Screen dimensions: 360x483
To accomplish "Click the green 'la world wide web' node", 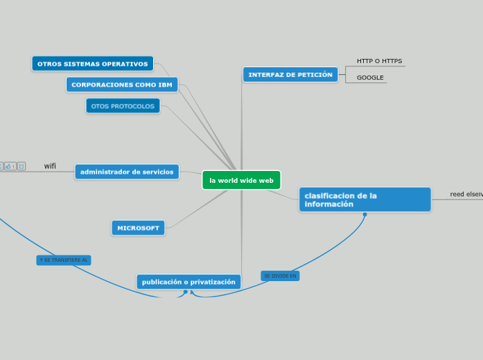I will (241, 180).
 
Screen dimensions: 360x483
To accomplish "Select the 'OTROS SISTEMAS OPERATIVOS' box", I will (92, 64).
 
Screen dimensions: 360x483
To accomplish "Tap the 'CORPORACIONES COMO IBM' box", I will (122, 84).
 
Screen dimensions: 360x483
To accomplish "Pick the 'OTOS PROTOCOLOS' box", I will (123, 106).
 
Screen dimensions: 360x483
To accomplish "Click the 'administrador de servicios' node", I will (127, 172).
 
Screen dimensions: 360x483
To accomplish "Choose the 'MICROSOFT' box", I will (138, 228).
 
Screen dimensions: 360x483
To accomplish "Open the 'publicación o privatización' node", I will (188, 282).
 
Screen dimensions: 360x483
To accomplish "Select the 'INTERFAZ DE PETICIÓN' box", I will (290, 75).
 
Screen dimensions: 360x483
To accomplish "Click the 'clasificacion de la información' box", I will (365, 199).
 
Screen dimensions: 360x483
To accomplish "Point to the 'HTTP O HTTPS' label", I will (379, 61).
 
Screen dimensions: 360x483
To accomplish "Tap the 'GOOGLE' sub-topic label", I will (370, 78).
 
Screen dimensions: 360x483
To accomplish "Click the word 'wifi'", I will (50, 166).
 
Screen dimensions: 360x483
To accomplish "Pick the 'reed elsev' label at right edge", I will (466, 195).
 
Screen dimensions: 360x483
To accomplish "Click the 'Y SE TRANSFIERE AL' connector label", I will (64, 260).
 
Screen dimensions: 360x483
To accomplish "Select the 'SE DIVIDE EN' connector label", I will (280, 276).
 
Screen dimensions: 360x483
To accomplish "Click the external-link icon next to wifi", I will (21, 166).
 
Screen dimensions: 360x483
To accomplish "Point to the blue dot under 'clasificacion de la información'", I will (365, 215).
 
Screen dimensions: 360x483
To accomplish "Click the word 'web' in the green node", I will (266, 181).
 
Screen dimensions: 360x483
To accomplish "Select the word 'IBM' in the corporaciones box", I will (165, 84).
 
